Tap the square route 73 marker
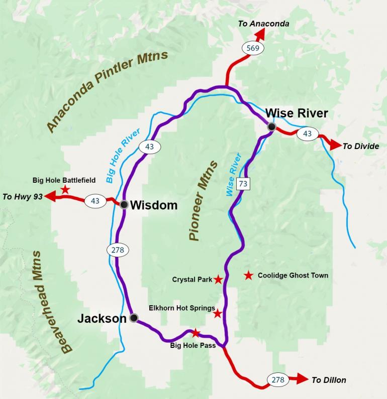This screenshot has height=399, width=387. [243, 184]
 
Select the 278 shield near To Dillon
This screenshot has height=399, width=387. [278, 380]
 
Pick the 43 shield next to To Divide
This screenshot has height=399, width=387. [308, 134]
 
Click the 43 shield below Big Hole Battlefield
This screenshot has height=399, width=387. [95, 201]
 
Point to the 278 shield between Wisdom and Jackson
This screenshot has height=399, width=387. [118, 249]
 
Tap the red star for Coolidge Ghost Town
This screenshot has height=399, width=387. [248, 275]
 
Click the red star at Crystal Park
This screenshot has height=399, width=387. [218, 280]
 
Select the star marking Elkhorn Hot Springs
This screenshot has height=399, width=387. [217, 314]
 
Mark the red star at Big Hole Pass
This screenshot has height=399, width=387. [196, 333]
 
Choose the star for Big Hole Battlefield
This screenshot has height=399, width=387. [65, 189]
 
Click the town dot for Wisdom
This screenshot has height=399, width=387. [124, 204]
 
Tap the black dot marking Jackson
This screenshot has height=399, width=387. [133, 318]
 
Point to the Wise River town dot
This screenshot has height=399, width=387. [271, 127]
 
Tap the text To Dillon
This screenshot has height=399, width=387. [329, 380]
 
